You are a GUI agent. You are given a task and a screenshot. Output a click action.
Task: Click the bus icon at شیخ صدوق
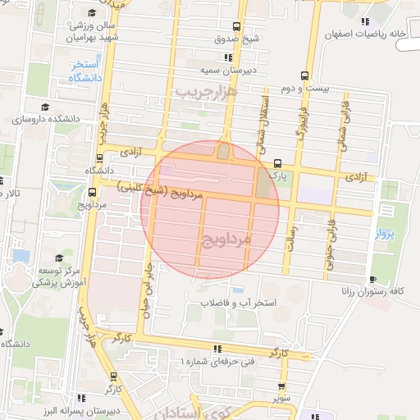[237, 26]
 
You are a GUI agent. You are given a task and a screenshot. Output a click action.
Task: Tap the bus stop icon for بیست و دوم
[305, 75]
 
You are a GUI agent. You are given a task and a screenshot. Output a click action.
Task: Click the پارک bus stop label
[279, 175]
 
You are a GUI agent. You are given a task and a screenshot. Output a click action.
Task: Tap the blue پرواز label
[386, 234]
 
